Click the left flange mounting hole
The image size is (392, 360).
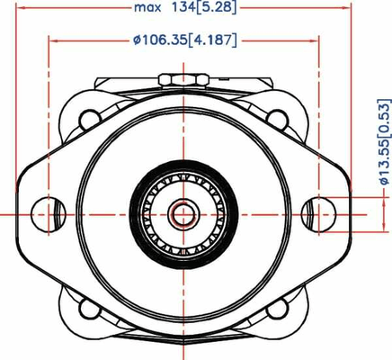pyautogui.click(x=45, y=213)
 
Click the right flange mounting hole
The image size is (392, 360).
pyautogui.click(x=318, y=213)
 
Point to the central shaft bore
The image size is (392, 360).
pyautogui.click(x=183, y=213)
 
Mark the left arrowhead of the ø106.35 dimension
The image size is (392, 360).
pyautogui.click(x=51, y=40)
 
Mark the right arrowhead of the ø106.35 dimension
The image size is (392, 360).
pyautogui.click(x=316, y=40)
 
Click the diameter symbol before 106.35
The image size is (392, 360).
pyautogui.click(x=136, y=40)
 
